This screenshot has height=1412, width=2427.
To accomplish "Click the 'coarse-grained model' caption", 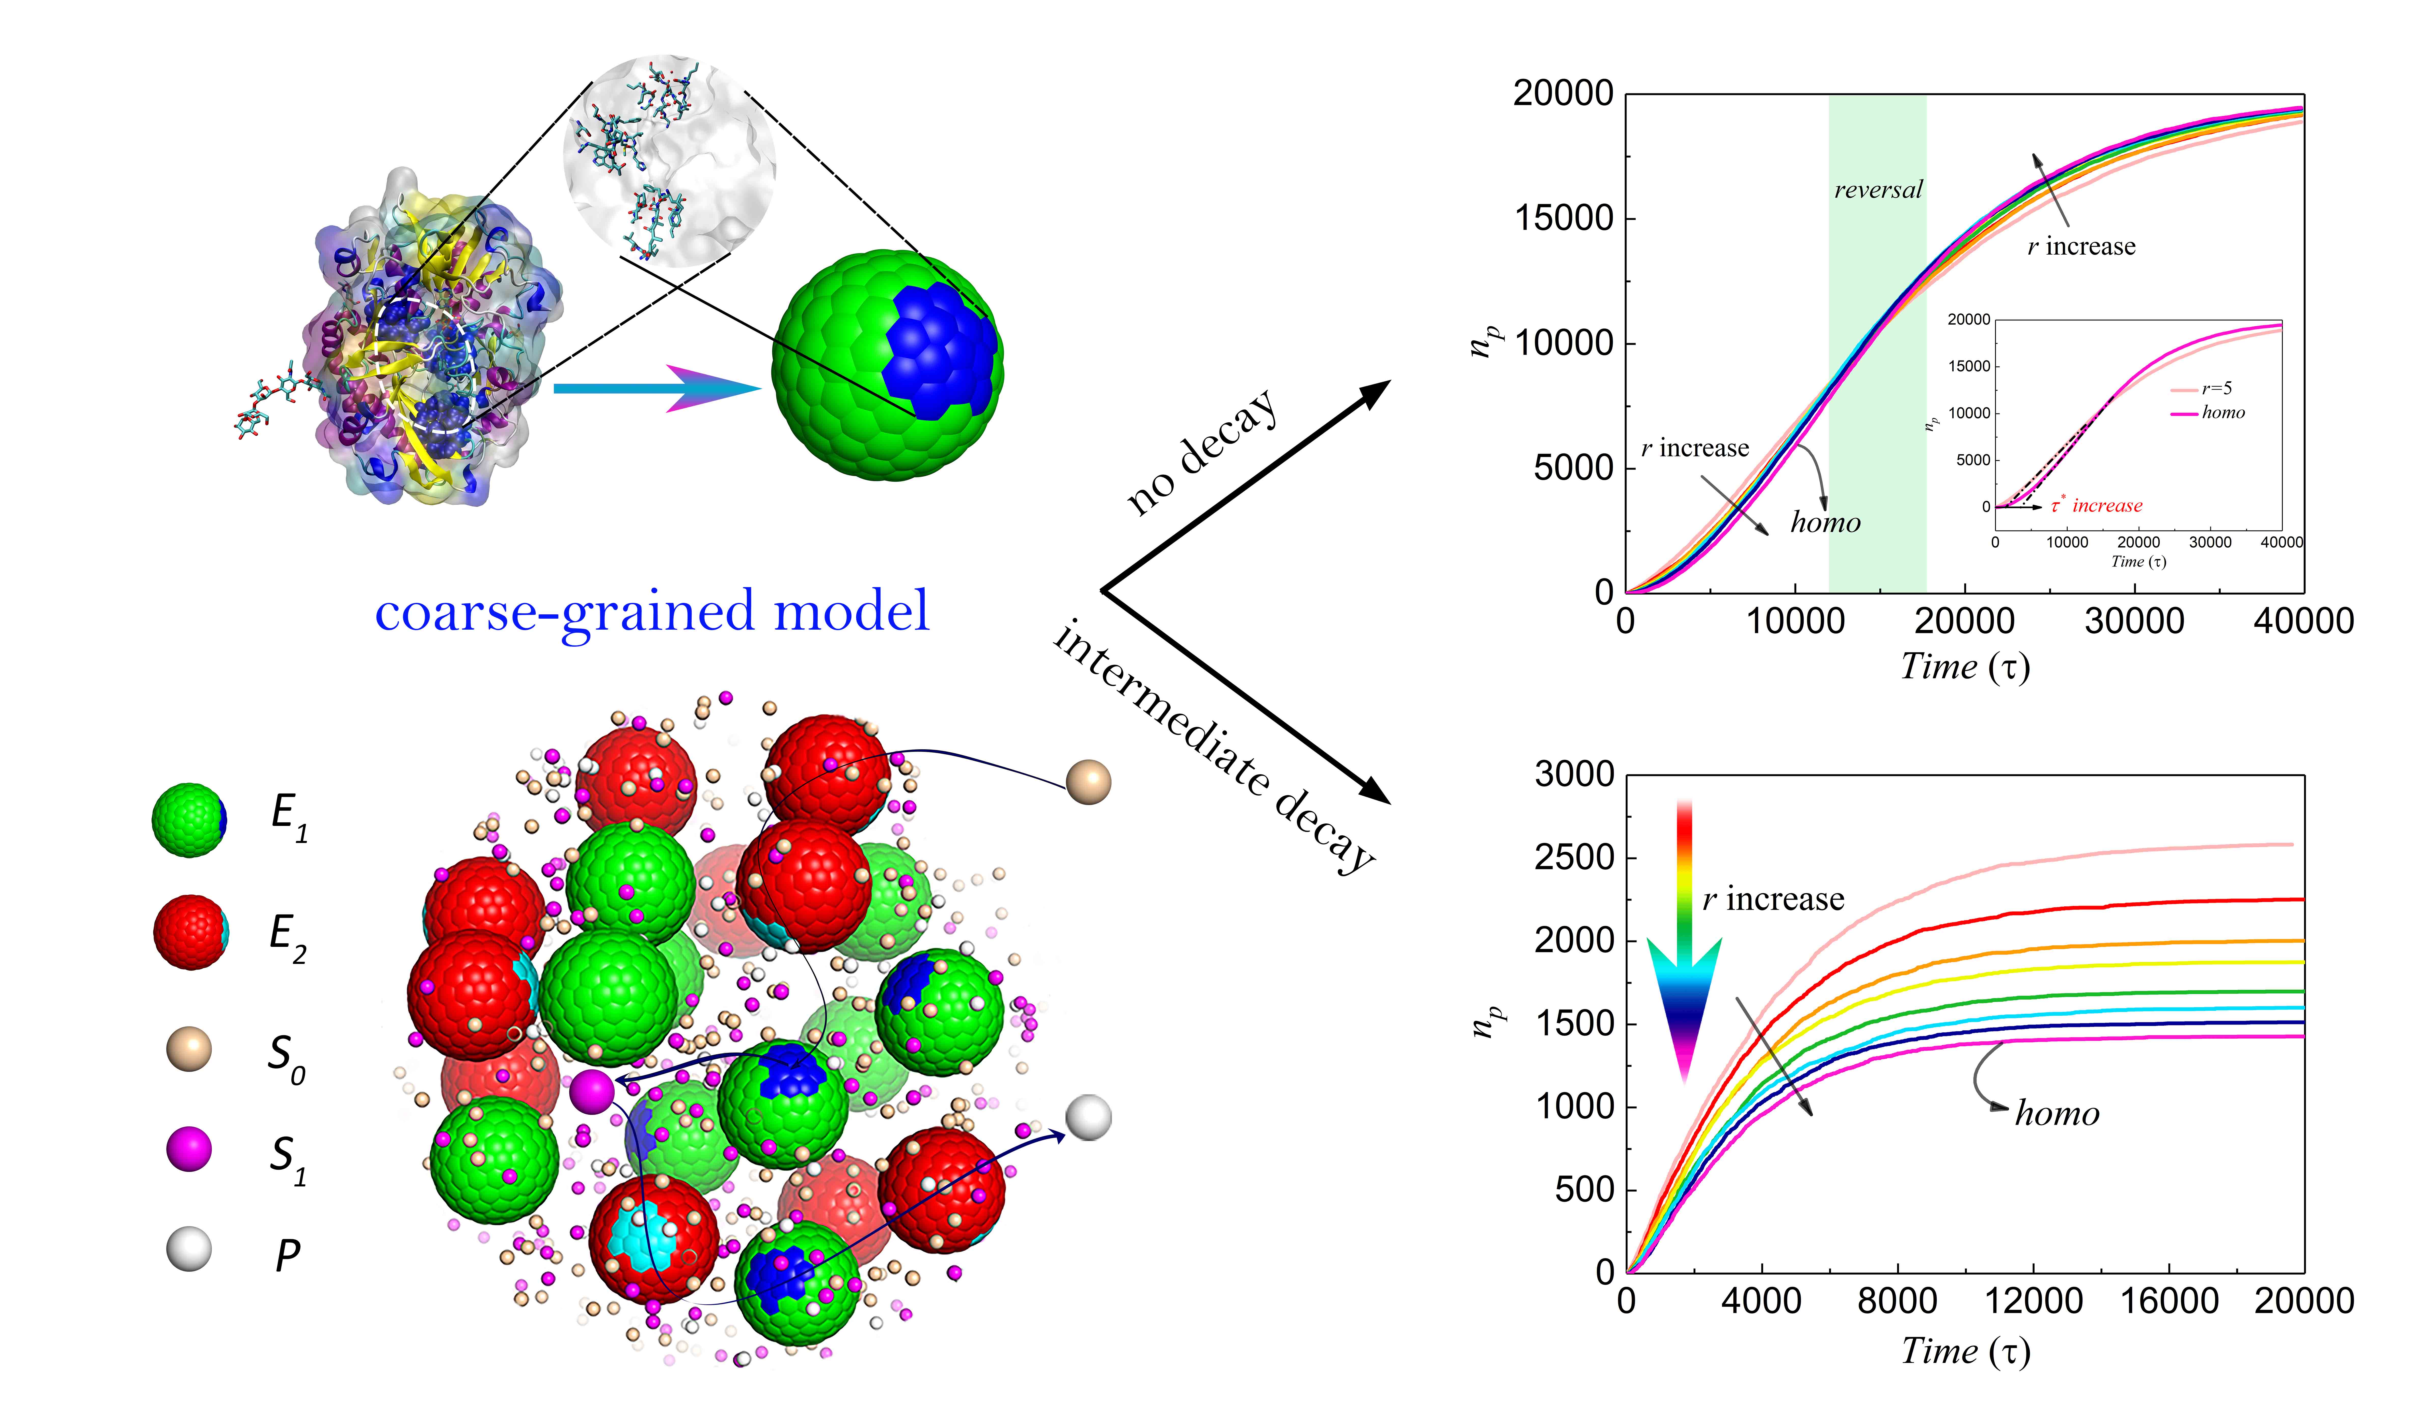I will pyautogui.click(x=652, y=612).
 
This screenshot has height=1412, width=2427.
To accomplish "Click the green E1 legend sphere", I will pyautogui.click(x=190, y=820).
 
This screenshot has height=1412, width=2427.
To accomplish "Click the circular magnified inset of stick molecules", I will pyautogui.click(x=669, y=161).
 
